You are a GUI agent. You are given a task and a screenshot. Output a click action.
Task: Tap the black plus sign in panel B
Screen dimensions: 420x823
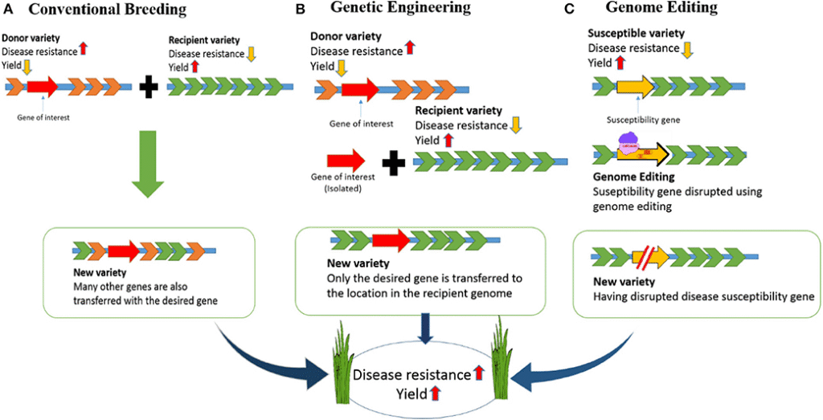pos(393,164)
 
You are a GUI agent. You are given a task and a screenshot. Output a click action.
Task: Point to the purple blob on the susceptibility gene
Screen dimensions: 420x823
pos(633,145)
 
